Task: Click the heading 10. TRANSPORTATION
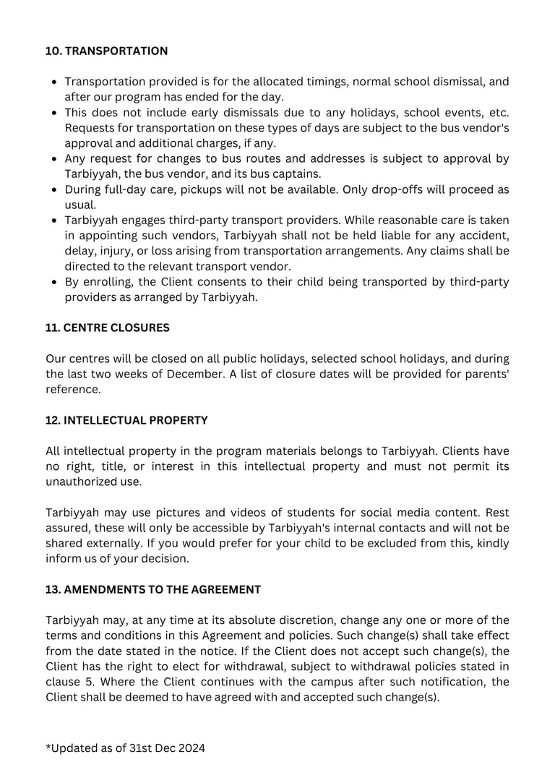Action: pyautogui.click(x=106, y=51)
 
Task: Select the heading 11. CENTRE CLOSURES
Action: pyautogui.click(x=108, y=328)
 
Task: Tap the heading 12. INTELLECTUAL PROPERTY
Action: pyautogui.click(x=126, y=420)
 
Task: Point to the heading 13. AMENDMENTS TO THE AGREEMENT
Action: pyautogui.click(x=153, y=589)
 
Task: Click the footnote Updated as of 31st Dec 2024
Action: pyautogui.click(x=125, y=748)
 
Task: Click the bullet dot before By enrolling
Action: pyautogui.click(x=55, y=282)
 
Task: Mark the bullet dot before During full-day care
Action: pyautogui.click(x=55, y=189)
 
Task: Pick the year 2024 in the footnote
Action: pyautogui.click(x=191, y=748)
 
